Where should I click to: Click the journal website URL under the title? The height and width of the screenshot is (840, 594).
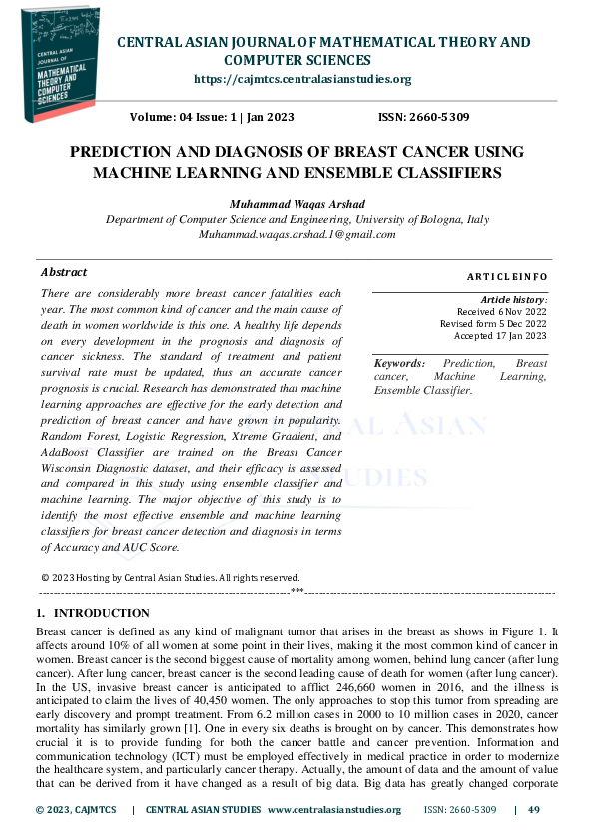point(301,79)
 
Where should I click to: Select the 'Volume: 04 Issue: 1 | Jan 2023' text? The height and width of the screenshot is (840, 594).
point(212,118)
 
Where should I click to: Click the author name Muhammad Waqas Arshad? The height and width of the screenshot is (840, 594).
point(297,204)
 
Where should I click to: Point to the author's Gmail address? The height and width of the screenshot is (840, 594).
point(297,235)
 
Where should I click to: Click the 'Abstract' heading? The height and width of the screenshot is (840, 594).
point(64,272)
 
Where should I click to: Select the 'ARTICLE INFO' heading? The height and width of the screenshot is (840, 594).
point(507,276)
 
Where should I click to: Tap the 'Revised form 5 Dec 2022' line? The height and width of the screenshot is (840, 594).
point(493,324)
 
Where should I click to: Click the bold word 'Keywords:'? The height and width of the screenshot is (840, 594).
point(399,364)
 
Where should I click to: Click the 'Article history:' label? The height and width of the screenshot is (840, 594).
point(513,299)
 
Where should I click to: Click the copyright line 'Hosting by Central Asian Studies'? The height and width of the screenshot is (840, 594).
point(170,577)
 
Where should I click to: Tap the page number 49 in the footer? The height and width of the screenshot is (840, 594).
point(534,809)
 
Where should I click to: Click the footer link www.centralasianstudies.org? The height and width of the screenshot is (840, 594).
point(333,809)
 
